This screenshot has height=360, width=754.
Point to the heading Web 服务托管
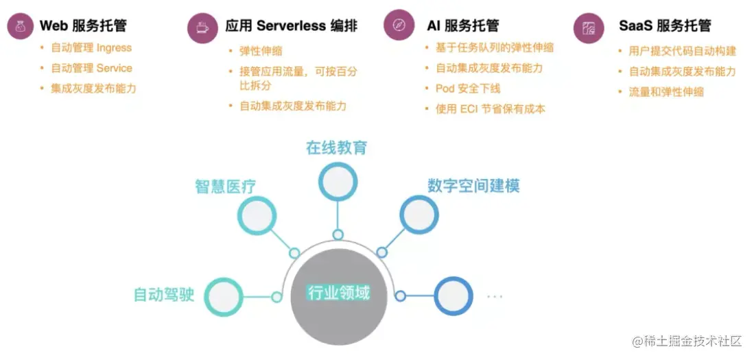[x=83, y=26]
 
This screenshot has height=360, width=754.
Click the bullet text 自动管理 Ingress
[x=91, y=48]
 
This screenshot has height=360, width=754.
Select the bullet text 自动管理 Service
[x=91, y=69]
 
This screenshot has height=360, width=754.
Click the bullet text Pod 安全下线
[x=468, y=88]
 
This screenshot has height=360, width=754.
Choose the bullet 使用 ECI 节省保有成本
[x=490, y=108]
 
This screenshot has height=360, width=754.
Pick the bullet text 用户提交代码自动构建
[x=682, y=51]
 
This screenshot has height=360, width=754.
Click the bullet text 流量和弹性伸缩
[x=666, y=92]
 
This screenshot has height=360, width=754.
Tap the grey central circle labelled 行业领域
[x=339, y=294]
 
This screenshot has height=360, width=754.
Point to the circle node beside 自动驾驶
[x=224, y=297]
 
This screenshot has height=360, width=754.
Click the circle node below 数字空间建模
[x=419, y=215]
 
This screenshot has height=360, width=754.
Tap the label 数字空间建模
[x=473, y=186]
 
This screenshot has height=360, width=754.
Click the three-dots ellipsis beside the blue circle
[x=494, y=296]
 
